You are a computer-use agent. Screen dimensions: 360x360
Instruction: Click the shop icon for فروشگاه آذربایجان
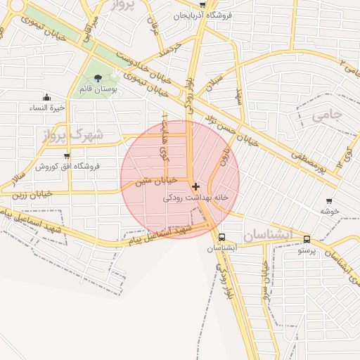pyautogui.click(x=202, y=5)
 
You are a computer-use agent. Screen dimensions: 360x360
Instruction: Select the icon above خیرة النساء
pyautogui.click(x=46, y=97)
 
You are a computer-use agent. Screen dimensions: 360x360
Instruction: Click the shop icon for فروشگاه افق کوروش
pyautogui.click(x=67, y=155)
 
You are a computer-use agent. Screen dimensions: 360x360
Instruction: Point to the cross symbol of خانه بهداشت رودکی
pyautogui.click(x=195, y=186)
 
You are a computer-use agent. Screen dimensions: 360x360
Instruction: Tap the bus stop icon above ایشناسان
pyautogui.click(x=222, y=238)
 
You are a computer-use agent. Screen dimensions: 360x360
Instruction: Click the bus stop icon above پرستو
pyautogui.click(x=307, y=239)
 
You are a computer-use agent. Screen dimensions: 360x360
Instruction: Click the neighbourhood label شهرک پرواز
pyautogui.click(x=78, y=134)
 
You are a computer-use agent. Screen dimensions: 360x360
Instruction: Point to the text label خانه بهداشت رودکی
pyautogui.click(x=196, y=198)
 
